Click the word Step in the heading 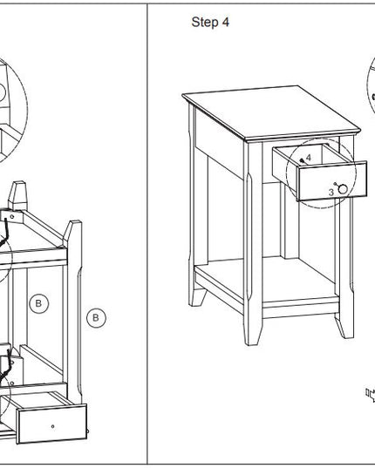(x=204, y=23)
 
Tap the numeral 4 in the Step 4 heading (x=225, y=22)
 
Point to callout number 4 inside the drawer (x=309, y=157)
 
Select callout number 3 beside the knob (x=331, y=193)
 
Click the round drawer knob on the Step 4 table (x=343, y=189)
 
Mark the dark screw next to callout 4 (x=302, y=160)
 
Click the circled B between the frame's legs (x=39, y=303)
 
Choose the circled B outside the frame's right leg (x=96, y=318)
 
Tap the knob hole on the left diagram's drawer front (x=53, y=426)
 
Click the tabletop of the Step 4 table (x=271, y=112)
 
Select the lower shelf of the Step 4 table (x=266, y=281)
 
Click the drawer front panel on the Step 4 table (x=332, y=181)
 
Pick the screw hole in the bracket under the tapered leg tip (x=12, y=217)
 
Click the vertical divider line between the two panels (x=147, y=234)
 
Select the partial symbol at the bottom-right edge (x=371, y=394)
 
